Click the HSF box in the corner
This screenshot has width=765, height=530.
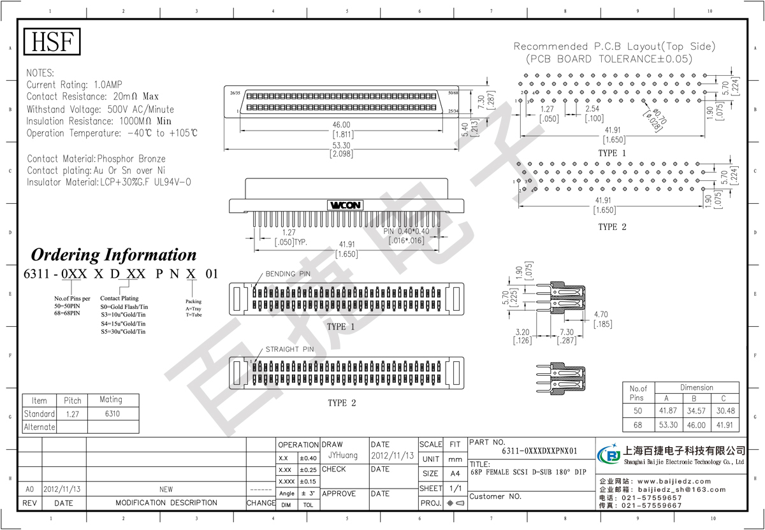coord(53,42)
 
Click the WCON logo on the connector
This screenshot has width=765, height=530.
coord(346,205)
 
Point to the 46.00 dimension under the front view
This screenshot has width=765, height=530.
coord(341,125)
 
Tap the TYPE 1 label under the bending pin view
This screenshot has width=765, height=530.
coord(341,327)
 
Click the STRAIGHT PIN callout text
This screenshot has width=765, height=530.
coord(290,349)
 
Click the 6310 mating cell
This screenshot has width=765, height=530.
coord(112,414)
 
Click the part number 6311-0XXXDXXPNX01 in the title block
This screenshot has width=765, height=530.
coord(539,451)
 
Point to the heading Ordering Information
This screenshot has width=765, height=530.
coord(114,255)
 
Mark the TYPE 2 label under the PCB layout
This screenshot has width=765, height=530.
coord(612,227)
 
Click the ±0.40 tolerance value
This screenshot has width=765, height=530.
coord(308,458)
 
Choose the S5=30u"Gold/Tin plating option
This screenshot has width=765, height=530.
coord(123,332)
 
